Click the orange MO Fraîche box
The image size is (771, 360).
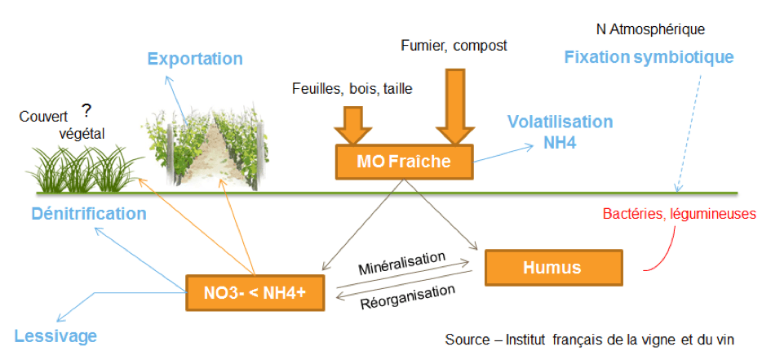point(405,162)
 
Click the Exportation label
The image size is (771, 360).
point(195,59)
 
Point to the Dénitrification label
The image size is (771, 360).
point(89,214)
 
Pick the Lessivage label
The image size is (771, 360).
point(55,336)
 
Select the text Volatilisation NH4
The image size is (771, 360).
point(560,131)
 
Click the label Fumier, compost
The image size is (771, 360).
point(454,46)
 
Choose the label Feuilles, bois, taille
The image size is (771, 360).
point(352,89)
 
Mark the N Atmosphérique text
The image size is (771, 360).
point(650,29)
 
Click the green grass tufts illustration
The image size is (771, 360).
point(77,168)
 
